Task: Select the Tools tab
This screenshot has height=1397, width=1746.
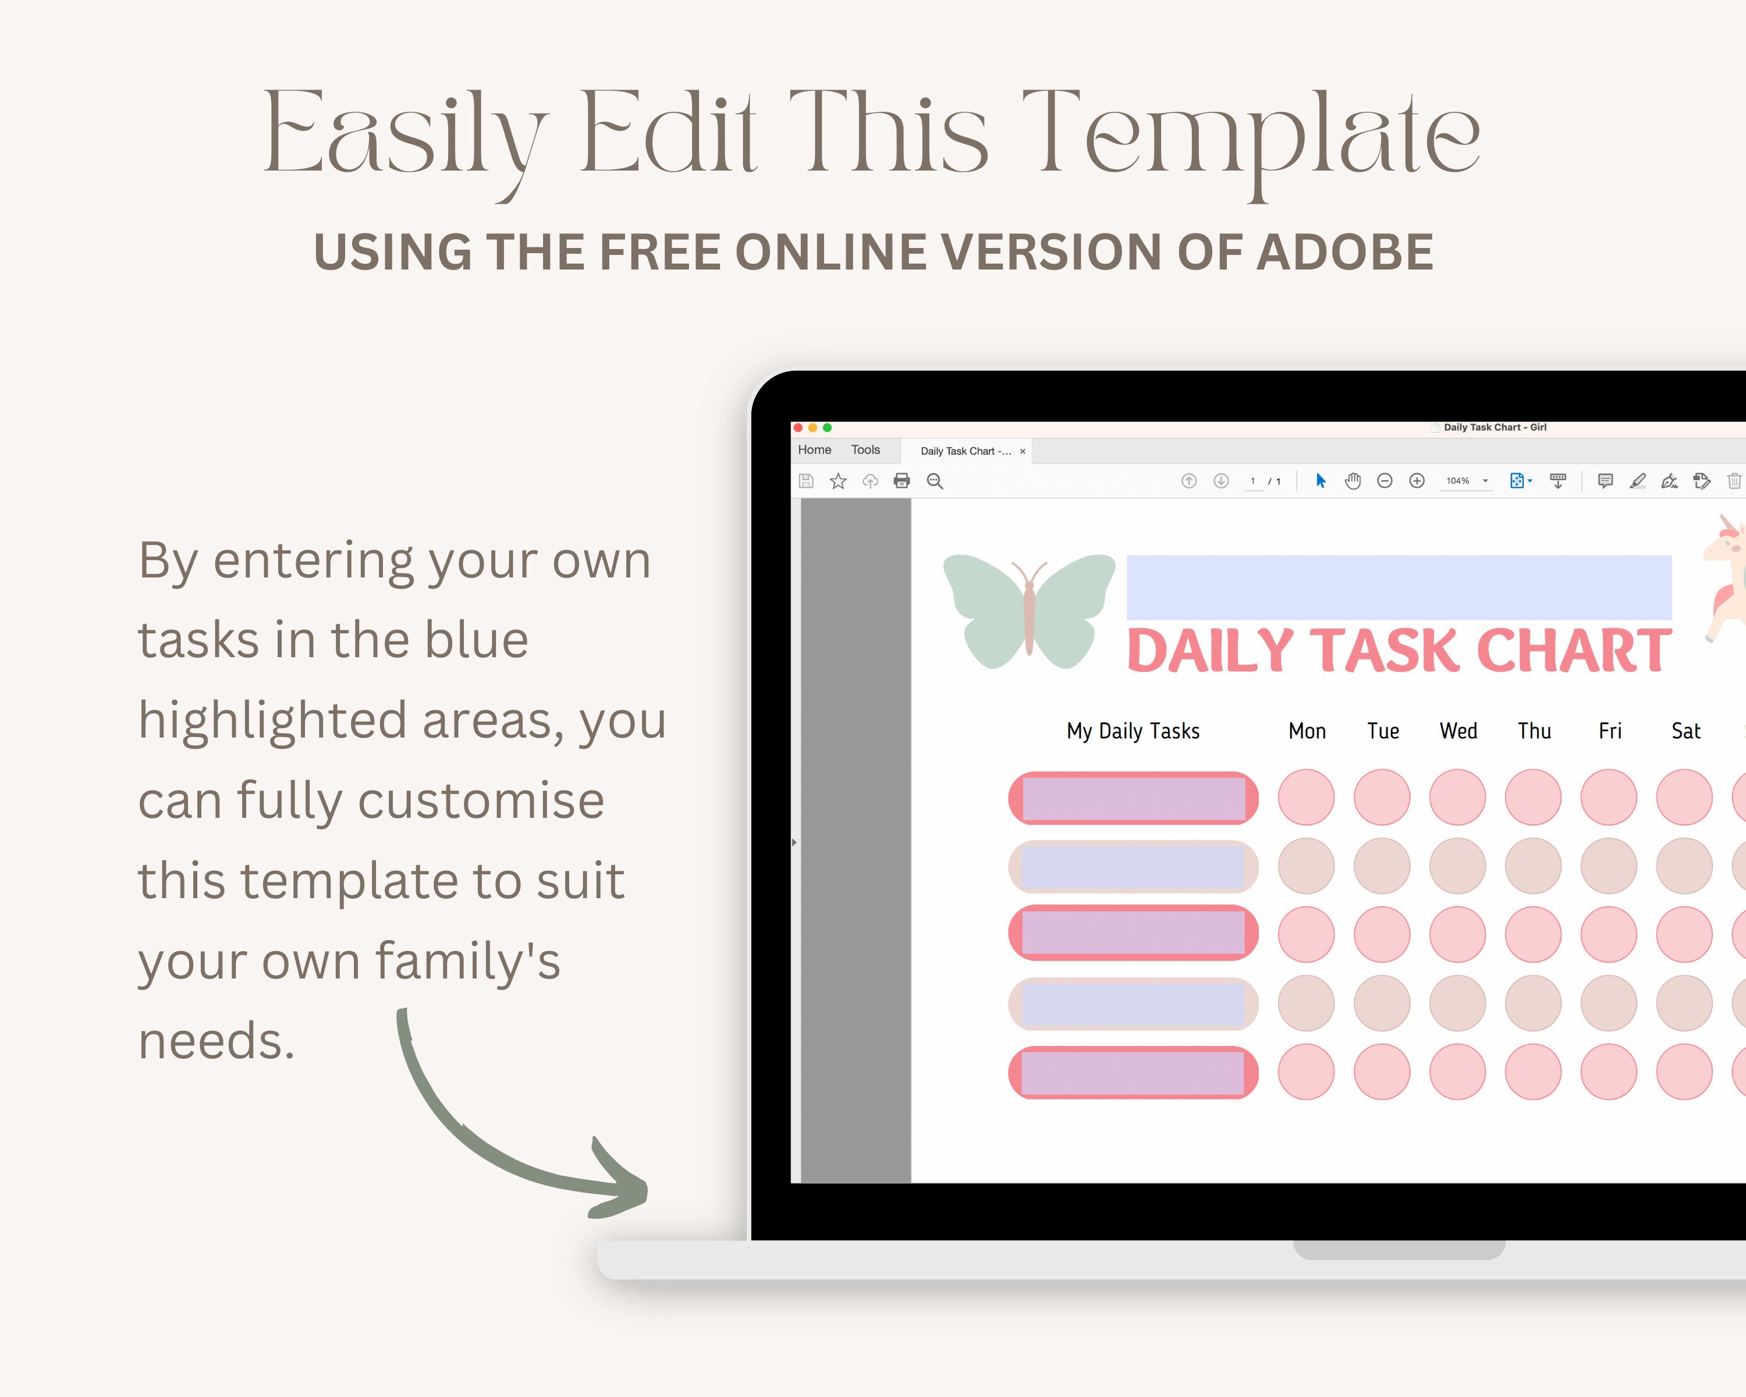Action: click(x=865, y=451)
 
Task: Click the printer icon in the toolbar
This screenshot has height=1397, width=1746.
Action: click(x=902, y=481)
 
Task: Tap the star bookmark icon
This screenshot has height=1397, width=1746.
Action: click(x=838, y=481)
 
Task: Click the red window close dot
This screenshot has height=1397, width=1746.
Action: click(x=799, y=428)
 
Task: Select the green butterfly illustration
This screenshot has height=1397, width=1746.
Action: click(x=1028, y=611)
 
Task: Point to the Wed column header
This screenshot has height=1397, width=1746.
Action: click(x=1458, y=731)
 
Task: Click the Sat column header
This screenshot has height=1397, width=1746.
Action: click(x=1685, y=731)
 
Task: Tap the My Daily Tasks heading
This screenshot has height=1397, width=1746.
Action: click(x=1133, y=731)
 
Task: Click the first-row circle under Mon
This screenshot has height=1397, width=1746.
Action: click(x=1306, y=797)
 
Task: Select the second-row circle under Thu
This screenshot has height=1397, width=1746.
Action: click(x=1533, y=866)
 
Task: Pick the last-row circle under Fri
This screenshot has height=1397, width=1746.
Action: click(x=1608, y=1072)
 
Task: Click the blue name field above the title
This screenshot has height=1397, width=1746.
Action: click(x=1399, y=587)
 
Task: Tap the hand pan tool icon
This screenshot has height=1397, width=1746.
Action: click(x=1353, y=481)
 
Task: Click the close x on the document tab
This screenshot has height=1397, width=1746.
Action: click(x=1023, y=452)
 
